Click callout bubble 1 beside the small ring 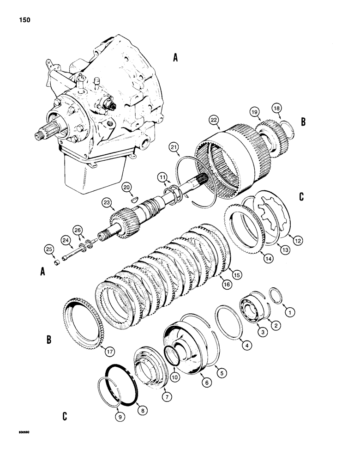290,313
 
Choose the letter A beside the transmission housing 175,58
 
